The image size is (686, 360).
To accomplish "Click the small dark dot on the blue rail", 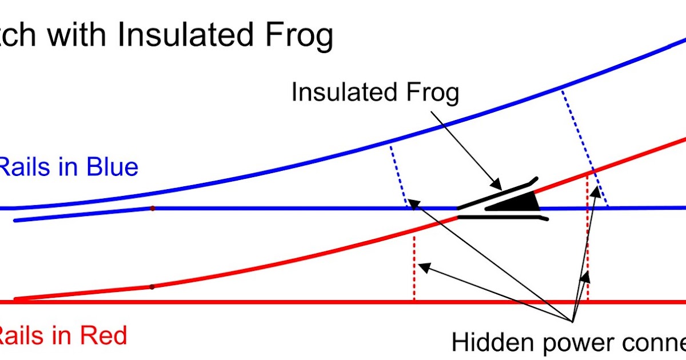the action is click(x=152, y=209).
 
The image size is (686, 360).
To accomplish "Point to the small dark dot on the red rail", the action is click(x=151, y=286).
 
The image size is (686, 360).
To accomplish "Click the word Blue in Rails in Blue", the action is click(x=112, y=167).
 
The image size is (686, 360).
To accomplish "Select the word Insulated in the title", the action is click(x=186, y=35).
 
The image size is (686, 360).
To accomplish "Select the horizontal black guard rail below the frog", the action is click(x=503, y=218).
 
